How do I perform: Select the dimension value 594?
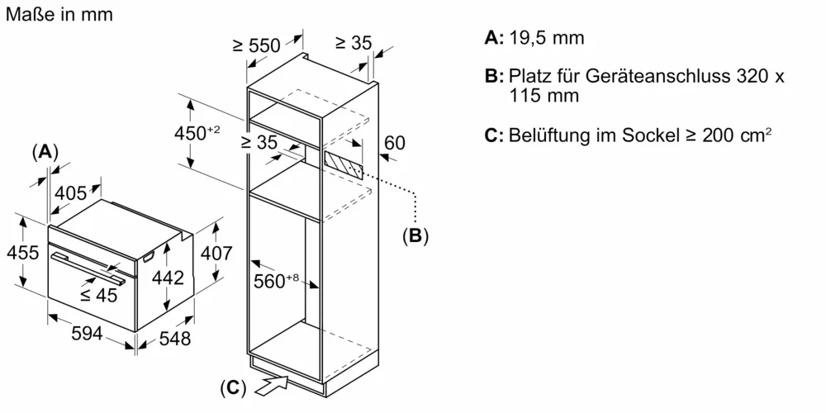(86, 335)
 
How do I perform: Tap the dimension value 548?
(173, 339)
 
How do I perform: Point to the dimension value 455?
(23, 253)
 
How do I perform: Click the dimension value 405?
(71, 194)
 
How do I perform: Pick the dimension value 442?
(168, 279)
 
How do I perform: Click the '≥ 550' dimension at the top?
(257, 46)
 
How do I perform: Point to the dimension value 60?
(395, 143)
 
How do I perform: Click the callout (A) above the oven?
(45, 152)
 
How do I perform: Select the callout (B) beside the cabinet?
(415, 237)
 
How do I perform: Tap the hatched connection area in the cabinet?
(341, 162)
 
